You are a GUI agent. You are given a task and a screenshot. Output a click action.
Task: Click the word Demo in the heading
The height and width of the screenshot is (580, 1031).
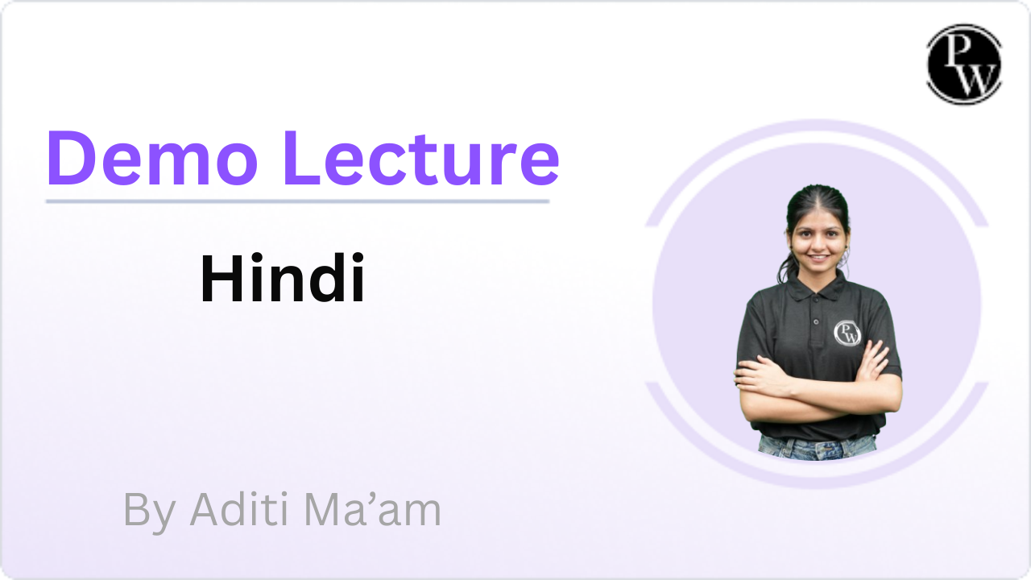tap(152, 158)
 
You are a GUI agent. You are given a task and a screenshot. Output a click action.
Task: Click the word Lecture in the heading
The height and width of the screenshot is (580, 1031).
tap(421, 158)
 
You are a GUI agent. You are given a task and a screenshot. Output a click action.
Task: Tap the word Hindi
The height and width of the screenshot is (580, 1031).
tap(283, 278)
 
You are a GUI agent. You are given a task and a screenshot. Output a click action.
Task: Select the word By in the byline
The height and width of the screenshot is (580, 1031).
tap(149, 511)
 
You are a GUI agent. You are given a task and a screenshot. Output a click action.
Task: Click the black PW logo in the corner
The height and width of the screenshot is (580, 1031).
tap(964, 64)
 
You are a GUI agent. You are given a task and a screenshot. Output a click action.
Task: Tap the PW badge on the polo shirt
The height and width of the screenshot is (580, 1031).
tap(847, 333)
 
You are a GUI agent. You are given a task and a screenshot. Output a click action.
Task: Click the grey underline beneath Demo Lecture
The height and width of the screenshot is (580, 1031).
tap(298, 201)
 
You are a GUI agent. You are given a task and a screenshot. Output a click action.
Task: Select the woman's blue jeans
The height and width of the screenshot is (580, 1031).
tap(817, 447)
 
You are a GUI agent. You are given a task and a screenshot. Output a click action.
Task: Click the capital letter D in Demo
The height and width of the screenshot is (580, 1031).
tap(71, 158)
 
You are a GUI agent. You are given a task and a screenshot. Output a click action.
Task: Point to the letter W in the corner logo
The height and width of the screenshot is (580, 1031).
tap(975, 79)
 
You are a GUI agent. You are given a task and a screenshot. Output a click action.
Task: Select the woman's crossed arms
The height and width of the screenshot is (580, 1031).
tap(818, 387)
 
